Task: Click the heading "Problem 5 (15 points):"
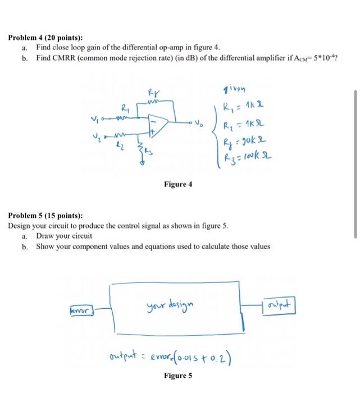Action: [x=45, y=215]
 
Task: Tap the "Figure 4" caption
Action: [x=178, y=184]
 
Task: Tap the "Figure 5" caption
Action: [x=178, y=376]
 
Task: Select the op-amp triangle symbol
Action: [x=160, y=126]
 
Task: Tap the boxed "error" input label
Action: [x=82, y=308]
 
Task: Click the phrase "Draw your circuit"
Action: [x=64, y=236]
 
